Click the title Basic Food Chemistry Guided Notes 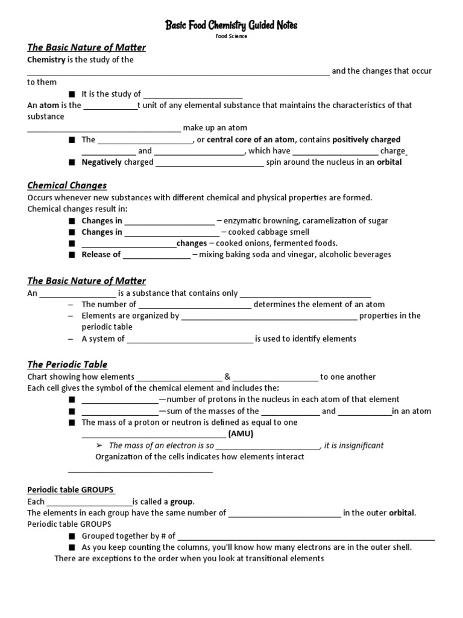point(231,25)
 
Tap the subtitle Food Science point(231,36)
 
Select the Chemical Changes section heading point(67,185)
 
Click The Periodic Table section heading point(68,365)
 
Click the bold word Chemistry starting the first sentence point(46,60)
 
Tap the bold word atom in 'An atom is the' point(49,105)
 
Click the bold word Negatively point(101,162)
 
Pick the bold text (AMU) point(241,434)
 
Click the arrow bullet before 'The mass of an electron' point(100,445)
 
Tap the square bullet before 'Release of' point(72,255)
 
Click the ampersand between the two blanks point(227,377)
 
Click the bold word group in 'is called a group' point(182,502)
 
